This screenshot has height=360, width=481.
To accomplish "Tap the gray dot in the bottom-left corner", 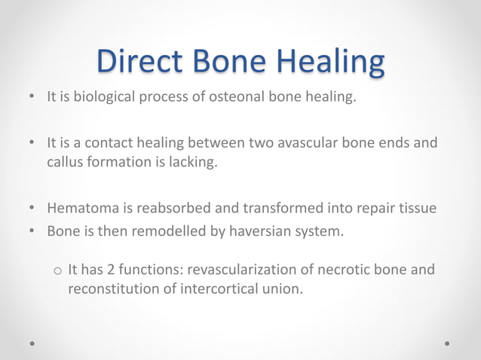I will click(32, 343).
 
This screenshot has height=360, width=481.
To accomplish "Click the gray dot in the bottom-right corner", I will click(448, 343).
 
